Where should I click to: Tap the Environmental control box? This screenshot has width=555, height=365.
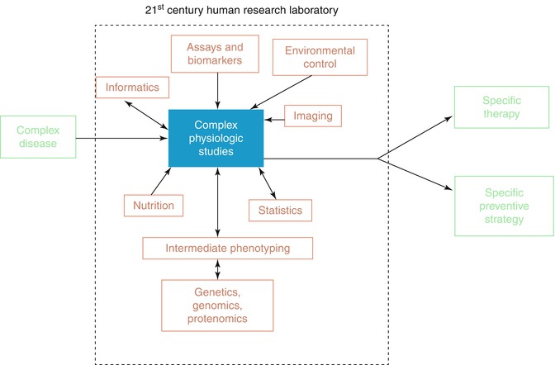(315, 57)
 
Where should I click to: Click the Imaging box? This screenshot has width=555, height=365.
(312, 116)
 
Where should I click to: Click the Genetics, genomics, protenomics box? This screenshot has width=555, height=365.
(217, 302)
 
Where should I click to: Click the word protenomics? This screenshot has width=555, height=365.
(217, 317)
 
